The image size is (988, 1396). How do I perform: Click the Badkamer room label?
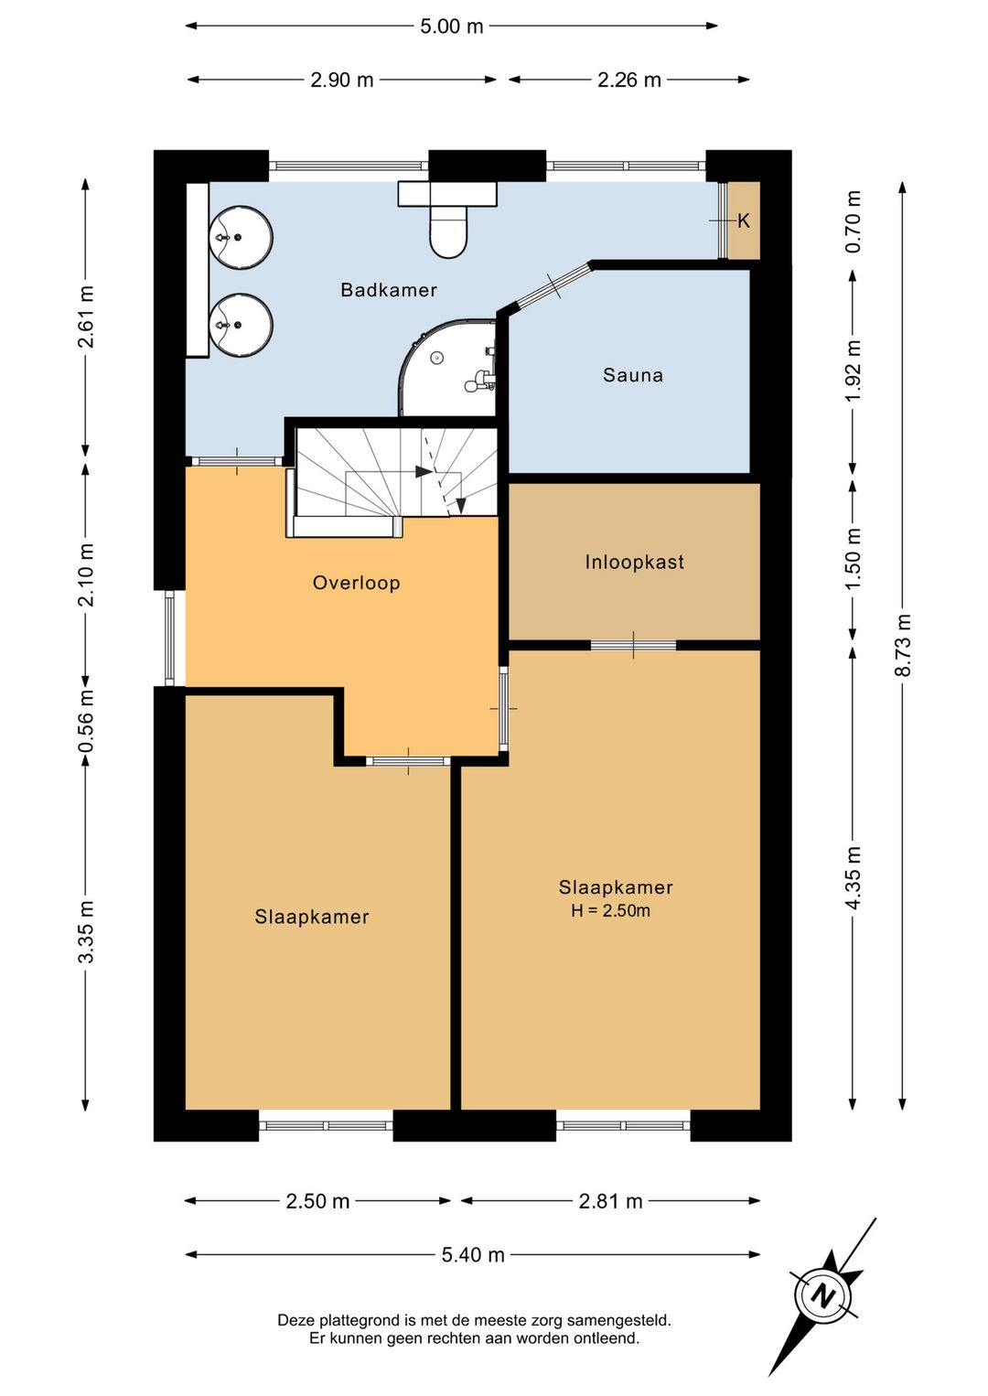click(x=389, y=290)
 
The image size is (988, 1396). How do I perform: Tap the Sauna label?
click(x=633, y=375)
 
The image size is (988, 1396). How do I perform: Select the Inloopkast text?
click(x=635, y=562)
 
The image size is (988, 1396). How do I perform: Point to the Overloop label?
click(x=356, y=583)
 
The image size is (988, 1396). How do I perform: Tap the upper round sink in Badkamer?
click(x=241, y=238)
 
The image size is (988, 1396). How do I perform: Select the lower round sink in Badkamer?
click(x=241, y=325)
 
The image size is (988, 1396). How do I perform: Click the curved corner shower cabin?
click(x=447, y=368)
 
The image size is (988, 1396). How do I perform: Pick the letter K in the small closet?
click(x=744, y=220)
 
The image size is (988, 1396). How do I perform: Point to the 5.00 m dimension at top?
click(x=451, y=27)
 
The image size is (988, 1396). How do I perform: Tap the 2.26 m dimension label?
click(x=629, y=80)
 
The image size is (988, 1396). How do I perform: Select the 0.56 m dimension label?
click(x=85, y=721)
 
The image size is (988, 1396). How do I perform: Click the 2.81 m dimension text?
click(x=610, y=1201)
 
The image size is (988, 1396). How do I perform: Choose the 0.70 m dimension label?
click(x=854, y=221)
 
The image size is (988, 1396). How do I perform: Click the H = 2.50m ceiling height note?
click(x=610, y=910)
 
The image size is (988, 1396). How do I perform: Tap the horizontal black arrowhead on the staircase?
click(x=424, y=472)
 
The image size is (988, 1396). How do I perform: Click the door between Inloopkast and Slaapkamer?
click(x=633, y=645)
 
